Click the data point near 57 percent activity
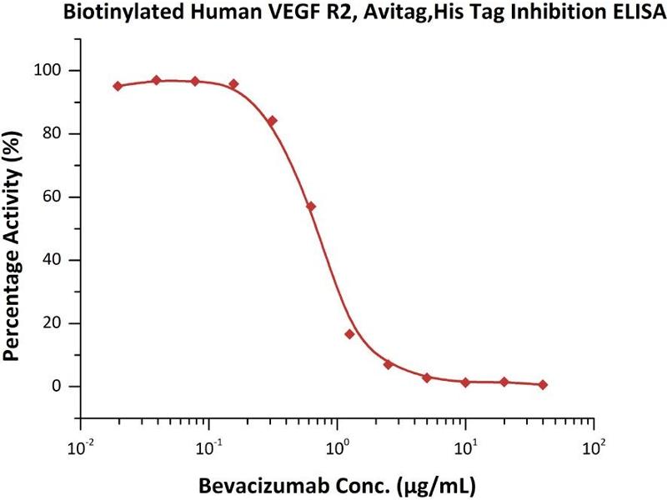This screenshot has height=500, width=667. click(x=311, y=206)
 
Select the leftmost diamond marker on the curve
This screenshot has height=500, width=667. click(x=118, y=86)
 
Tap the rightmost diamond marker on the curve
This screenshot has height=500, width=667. click(x=543, y=384)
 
